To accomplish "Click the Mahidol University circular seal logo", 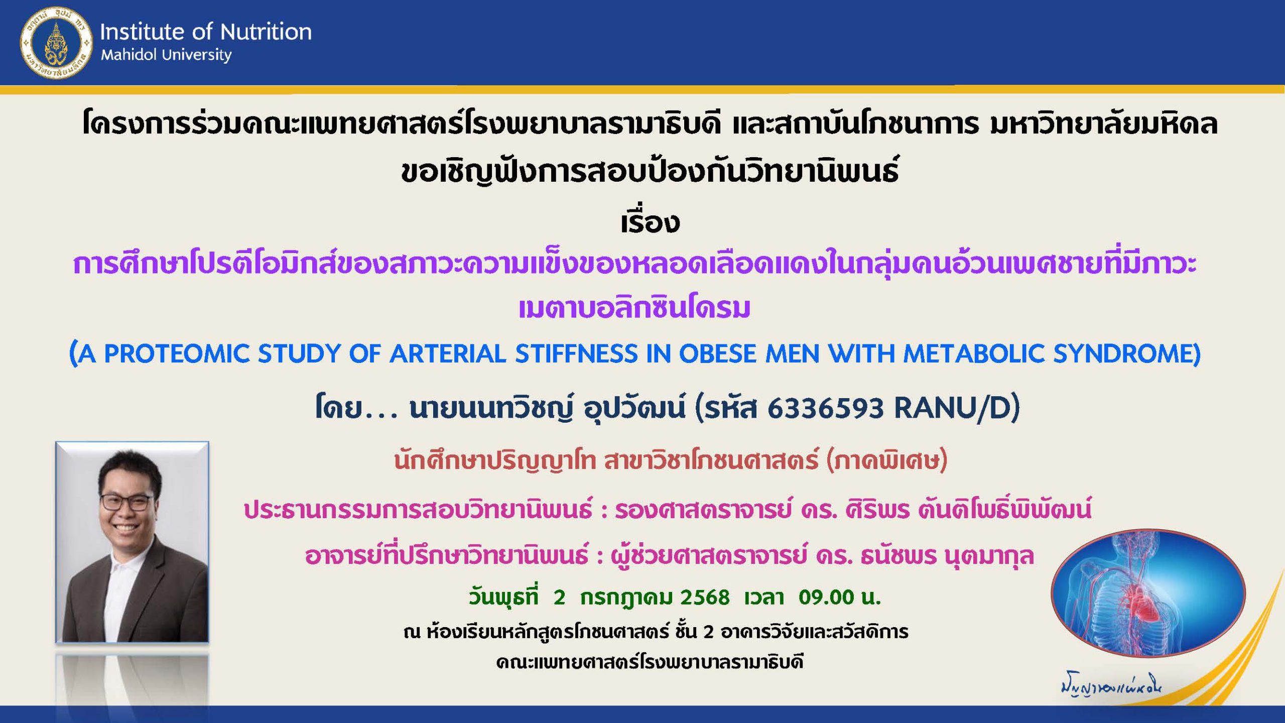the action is tap(56, 43).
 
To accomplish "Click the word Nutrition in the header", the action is tap(266, 32).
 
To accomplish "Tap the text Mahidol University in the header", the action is tap(166, 55).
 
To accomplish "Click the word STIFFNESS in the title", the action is tap(577, 354).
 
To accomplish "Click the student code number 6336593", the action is tap(825, 408).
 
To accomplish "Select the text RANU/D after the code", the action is tap(952, 408).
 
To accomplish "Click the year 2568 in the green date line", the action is tap(705, 597).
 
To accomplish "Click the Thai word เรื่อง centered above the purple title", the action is tap(650, 222).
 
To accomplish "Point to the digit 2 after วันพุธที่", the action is tap(559, 597).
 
